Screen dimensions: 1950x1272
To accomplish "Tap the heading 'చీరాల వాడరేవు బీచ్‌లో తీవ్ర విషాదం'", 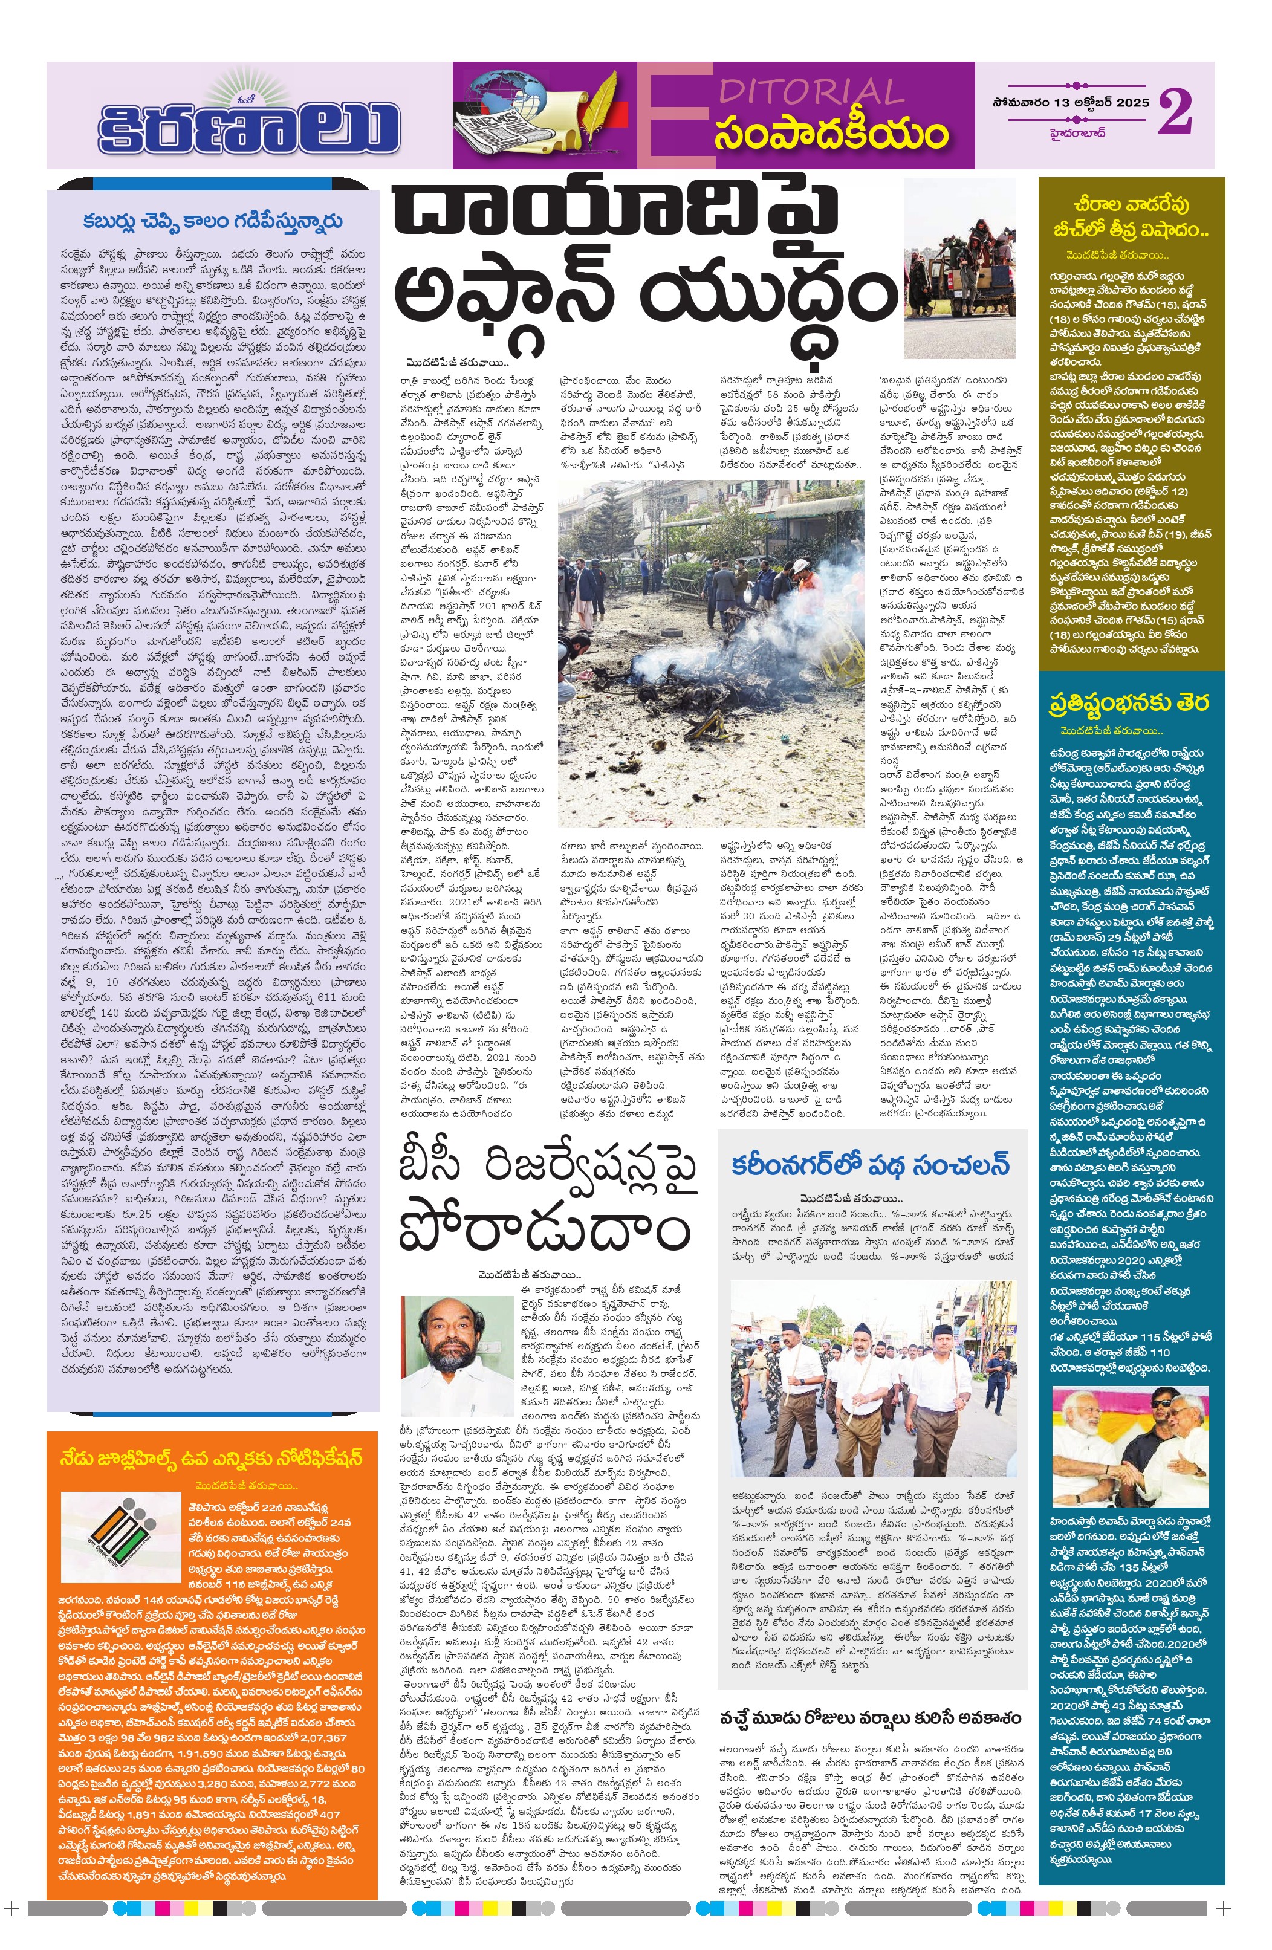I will click(x=1131, y=217).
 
